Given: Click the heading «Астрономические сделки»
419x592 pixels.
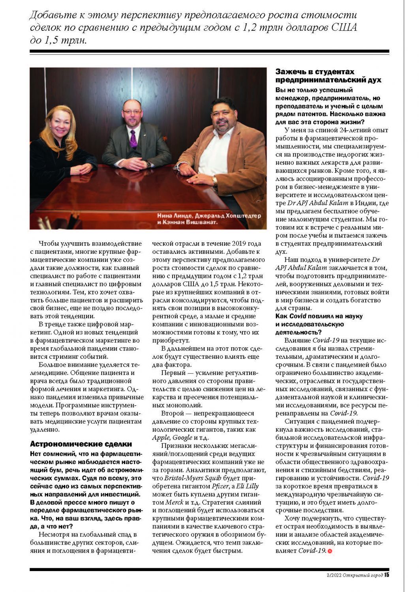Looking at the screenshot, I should [81, 444].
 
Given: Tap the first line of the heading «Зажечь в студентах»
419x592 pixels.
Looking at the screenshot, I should [315, 72].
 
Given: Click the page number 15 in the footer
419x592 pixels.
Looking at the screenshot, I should [387, 575].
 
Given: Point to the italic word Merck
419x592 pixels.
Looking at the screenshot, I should [174, 502].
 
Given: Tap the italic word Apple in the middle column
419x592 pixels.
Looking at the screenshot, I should [161, 438].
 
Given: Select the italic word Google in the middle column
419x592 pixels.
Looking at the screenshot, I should [182, 438].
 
